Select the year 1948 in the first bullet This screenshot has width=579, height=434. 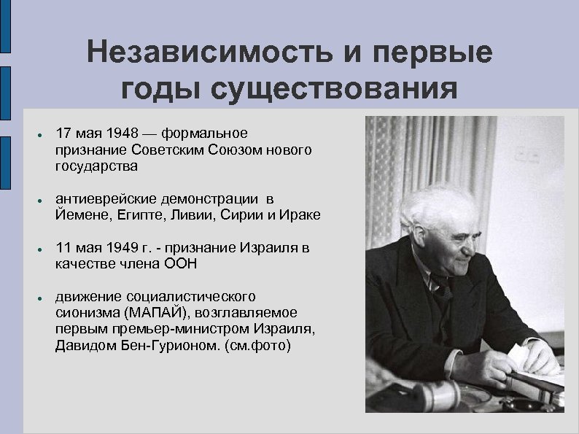[122, 133]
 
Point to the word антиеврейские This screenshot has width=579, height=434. [101, 198]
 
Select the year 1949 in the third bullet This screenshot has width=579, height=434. [121, 247]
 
